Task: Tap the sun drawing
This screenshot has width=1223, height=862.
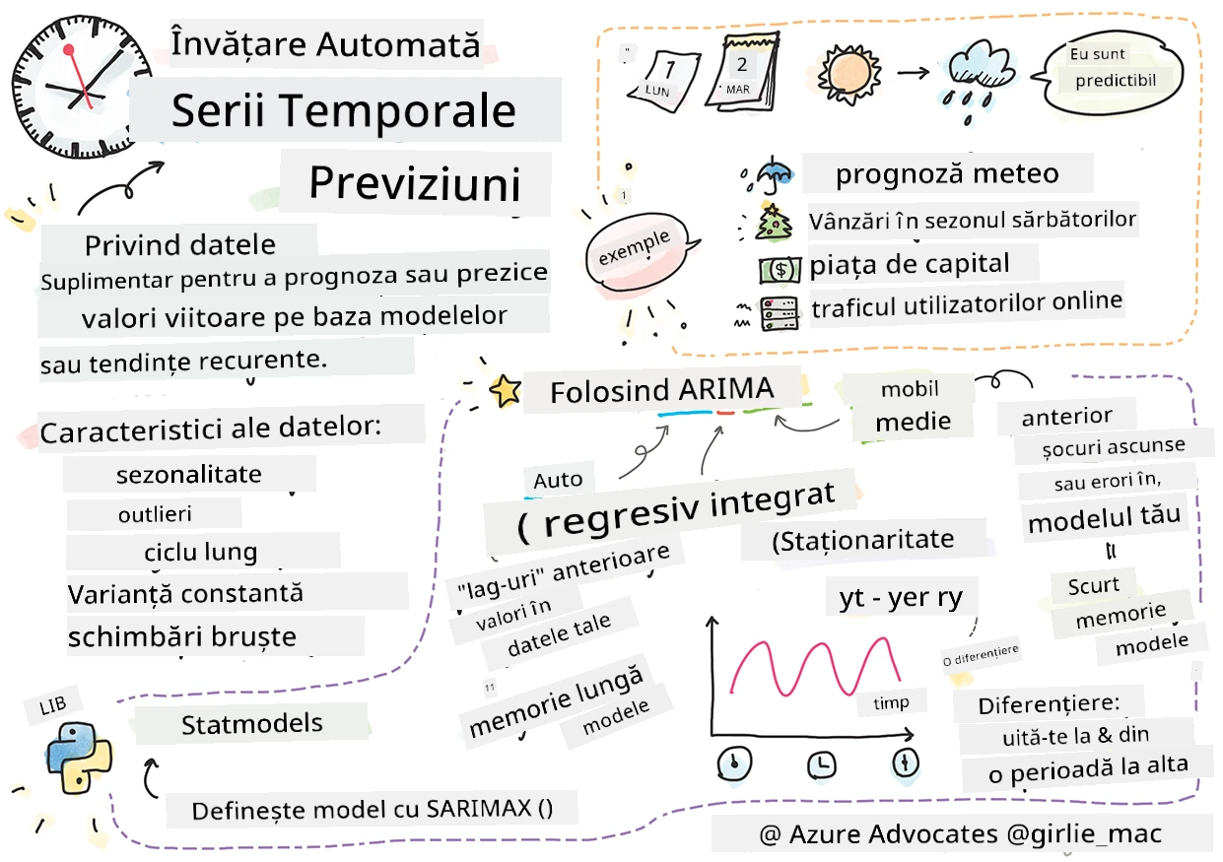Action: pos(849,74)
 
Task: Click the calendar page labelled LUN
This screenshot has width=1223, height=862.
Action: pos(664,81)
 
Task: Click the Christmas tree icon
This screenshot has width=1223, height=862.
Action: pos(773,223)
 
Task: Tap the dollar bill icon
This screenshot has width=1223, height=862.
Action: pos(780,270)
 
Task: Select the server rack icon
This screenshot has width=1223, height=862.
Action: pos(780,313)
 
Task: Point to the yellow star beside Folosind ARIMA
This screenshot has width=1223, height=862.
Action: pos(505,391)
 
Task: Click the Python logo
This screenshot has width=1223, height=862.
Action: pos(78,758)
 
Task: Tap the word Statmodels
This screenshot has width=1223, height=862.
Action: pos(251,724)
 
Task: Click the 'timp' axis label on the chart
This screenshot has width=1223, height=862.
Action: pos(891,702)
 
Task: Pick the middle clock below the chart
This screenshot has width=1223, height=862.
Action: pos(821,764)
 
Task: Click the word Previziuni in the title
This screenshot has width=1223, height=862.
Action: pos(415,183)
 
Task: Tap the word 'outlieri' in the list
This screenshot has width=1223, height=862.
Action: pos(155,514)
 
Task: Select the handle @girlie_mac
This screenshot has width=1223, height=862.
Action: pos(1084,834)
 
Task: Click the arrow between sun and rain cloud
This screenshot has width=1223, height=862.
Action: pos(913,72)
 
